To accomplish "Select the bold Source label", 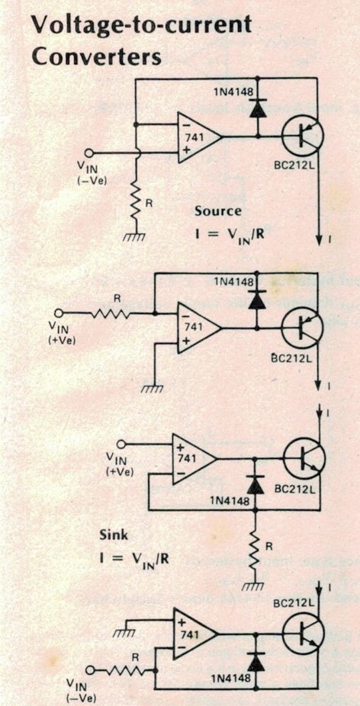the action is pyautogui.click(x=217, y=210).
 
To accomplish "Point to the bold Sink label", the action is pyautogui.click(x=114, y=536).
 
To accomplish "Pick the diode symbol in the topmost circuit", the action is pyautogui.click(x=257, y=110).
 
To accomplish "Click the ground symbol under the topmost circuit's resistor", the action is pyautogui.click(x=135, y=236).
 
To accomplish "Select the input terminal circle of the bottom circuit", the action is pyautogui.click(x=91, y=670).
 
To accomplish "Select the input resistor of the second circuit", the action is pyautogui.click(x=111, y=313).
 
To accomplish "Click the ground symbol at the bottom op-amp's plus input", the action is pyautogui.click(x=124, y=633).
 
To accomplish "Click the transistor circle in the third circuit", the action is pyautogui.click(x=304, y=459).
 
